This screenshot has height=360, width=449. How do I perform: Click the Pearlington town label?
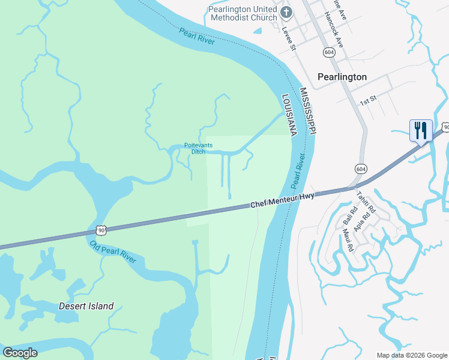[342, 77]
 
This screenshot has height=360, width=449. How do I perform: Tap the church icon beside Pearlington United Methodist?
[287, 11]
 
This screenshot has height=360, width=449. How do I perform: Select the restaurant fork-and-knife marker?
[420, 130]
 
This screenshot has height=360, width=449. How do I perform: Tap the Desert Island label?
[86, 306]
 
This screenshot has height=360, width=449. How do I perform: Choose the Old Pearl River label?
[113, 252]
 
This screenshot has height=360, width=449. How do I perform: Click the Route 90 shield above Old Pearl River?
[101, 230]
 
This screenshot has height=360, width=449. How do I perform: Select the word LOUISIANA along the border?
[289, 115]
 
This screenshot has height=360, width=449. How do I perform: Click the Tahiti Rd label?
[366, 203]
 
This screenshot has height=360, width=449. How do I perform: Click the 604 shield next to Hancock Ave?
[328, 52]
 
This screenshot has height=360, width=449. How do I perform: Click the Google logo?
[20, 353]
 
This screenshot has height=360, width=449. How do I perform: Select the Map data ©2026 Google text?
[412, 355]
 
